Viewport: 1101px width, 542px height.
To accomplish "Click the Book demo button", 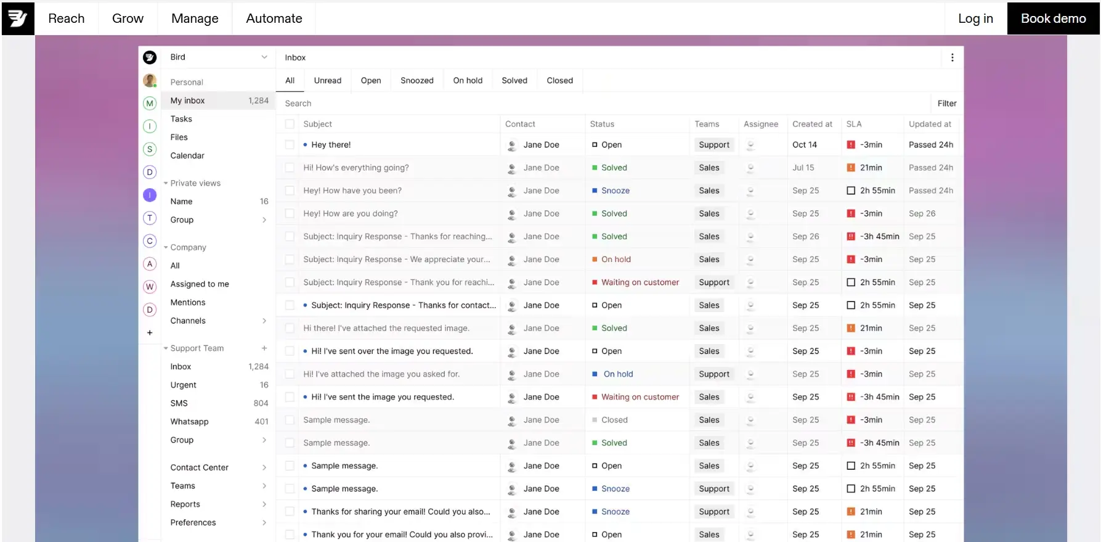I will pyautogui.click(x=1053, y=18).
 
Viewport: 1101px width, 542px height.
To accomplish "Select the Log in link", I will pyautogui.click(x=975, y=18).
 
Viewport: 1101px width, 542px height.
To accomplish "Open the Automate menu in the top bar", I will pyautogui.click(x=274, y=18).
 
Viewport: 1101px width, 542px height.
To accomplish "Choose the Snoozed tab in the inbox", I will pyautogui.click(x=416, y=81).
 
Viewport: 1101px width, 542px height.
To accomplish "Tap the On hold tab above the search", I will pyautogui.click(x=468, y=81).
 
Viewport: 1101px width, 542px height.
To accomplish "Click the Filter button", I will pyautogui.click(x=946, y=104).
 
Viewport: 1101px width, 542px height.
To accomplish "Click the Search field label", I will pyautogui.click(x=298, y=104).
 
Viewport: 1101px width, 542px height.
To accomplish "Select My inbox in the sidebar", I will pyautogui.click(x=188, y=101).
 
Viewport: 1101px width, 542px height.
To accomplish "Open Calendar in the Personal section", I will pyautogui.click(x=187, y=155).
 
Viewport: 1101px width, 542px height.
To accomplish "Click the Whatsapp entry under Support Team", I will pyautogui.click(x=190, y=422).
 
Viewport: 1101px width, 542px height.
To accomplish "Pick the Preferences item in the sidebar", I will pyautogui.click(x=193, y=522).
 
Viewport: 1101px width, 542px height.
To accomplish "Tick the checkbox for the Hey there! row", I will pyautogui.click(x=290, y=145).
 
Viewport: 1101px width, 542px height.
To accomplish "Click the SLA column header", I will pyautogui.click(x=854, y=124).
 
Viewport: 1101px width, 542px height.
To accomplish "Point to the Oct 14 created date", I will pyautogui.click(x=805, y=145).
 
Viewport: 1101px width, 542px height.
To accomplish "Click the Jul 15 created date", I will pyautogui.click(x=803, y=168).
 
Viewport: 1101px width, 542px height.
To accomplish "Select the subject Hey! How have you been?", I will pyautogui.click(x=352, y=191).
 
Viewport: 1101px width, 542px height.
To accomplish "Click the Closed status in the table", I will pyautogui.click(x=614, y=420).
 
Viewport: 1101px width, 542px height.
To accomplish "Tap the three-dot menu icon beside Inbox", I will pyautogui.click(x=952, y=57).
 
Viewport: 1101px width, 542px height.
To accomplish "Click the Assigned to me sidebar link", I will pyautogui.click(x=200, y=284).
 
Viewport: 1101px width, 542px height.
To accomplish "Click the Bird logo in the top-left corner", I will pyautogui.click(x=18, y=18).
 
